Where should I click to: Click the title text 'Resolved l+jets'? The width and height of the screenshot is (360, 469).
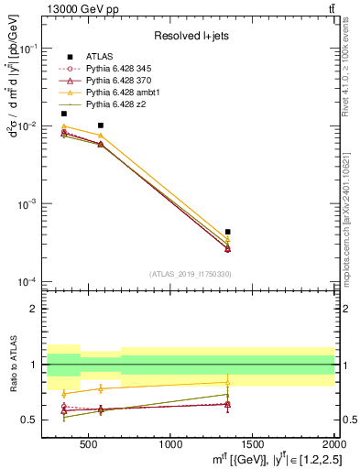tap(190, 36)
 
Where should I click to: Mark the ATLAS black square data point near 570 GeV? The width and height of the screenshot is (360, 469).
tap(100, 125)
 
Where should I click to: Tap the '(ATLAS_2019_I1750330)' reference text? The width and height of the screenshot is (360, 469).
tap(190, 274)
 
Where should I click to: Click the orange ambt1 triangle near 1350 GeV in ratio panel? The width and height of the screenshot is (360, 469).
tap(227, 382)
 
